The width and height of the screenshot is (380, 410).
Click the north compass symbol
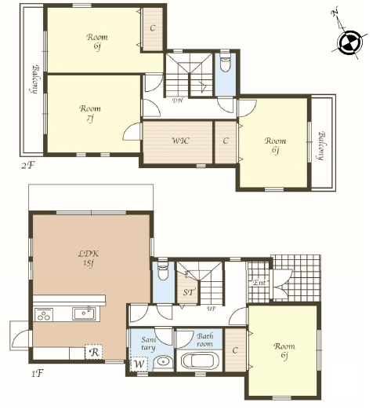point(350,42)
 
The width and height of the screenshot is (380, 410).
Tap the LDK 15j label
point(89,258)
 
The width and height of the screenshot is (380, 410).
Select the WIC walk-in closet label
point(180,141)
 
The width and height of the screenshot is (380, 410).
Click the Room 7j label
point(90,113)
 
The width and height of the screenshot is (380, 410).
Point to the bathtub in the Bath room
point(200,361)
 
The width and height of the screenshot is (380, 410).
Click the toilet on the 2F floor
point(225,64)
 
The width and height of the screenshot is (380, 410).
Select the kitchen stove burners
point(44,314)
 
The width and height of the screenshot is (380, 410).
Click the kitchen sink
point(84,313)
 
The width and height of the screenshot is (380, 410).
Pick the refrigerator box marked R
point(94,352)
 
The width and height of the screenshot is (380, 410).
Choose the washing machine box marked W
point(139,364)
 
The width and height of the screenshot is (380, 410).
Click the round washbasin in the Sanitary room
point(163,362)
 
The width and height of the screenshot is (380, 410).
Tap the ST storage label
point(188,292)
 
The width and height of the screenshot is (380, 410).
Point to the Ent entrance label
point(259,283)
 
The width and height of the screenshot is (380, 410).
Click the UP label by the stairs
point(211,309)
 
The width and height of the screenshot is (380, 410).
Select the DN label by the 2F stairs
point(177,101)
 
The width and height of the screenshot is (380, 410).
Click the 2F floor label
point(27,165)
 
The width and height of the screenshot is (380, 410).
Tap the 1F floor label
point(37,373)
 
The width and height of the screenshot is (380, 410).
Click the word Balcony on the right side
point(322,145)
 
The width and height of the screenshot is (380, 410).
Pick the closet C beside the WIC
point(226,141)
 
